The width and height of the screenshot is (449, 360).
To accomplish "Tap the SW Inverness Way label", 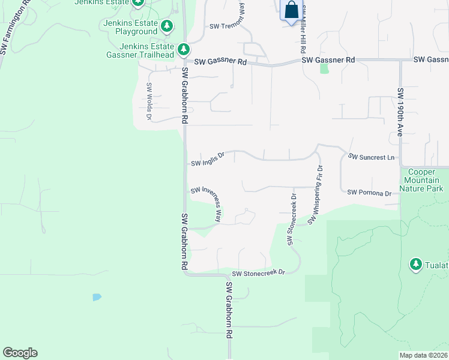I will pyautogui.click(x=206, y=202).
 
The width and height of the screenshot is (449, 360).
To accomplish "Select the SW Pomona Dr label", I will pyautogui.click(x=369, y=193).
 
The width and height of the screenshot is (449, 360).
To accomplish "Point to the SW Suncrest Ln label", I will pyautogui.click(x=373, y=157).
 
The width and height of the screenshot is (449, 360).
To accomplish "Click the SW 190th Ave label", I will pyautogui.click(x=400, y=112).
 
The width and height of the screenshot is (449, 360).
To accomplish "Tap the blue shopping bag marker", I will pyautogui.click(x=291, y=11).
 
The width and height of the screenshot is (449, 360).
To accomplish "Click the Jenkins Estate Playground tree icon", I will pyautogui.click(x=167, y=26).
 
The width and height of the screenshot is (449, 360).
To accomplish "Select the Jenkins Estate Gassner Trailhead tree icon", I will pyautogui.click(x=184, y=49).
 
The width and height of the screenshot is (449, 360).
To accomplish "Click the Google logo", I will pyautogui.click(x=20, y=353).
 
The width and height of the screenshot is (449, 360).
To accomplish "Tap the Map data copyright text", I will pyautogui.click(x=423, y=355).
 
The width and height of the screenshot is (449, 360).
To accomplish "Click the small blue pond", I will pyautogui.click(x=97, y=296).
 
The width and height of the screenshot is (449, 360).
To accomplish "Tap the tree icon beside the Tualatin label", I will pyautogui.click(x=415, y=264).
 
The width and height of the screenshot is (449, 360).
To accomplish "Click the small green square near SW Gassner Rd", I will pyautogui.click(x=325, y=68).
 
